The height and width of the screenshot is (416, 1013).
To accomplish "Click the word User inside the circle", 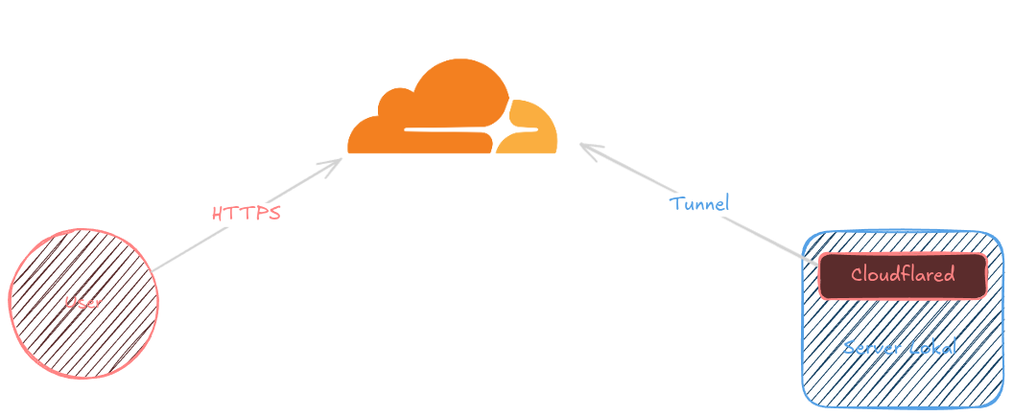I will point(83,303).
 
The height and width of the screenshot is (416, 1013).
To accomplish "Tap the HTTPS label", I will point(247,213).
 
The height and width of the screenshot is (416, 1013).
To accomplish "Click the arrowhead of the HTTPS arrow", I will point(336,163).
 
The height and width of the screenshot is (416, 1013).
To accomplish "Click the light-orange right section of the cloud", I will point(532,129).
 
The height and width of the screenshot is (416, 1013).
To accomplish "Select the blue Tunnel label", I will point(699,203).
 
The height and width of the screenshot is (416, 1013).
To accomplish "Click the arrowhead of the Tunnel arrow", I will point(587,149).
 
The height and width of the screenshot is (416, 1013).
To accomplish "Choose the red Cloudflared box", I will point(902,276).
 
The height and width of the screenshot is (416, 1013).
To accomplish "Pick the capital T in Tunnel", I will point(675,203).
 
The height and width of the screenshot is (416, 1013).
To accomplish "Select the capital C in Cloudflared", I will point(857,275).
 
